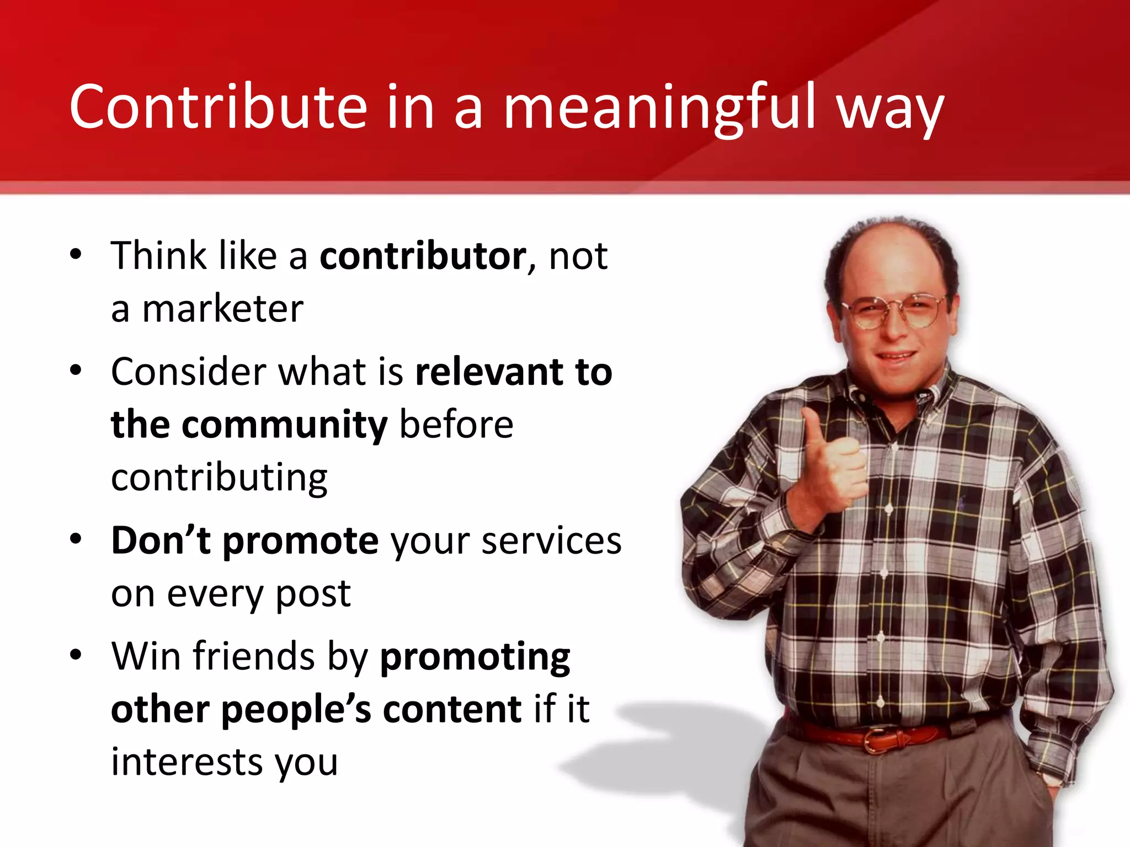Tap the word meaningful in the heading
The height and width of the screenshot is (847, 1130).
pyautogui.click(x=659, y=108)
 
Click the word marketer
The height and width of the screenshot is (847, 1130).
pyautogui.click(x=223, y=309)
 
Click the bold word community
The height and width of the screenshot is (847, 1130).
pyautogui.click(x=285, y=425)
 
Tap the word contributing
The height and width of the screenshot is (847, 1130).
pyautogui.click(x=219, y=478)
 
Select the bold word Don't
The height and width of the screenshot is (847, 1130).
pyautogui.click(x=161, y=540)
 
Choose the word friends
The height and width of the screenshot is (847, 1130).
pyautogui.click(x=253, y=657)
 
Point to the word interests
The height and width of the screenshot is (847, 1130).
pyautogui.click(x=186, y=762)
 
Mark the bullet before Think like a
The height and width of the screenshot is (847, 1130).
pyautogui.click(x=76, y=256)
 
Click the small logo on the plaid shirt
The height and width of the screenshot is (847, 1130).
pyautogui.click(x=962, y=502)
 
